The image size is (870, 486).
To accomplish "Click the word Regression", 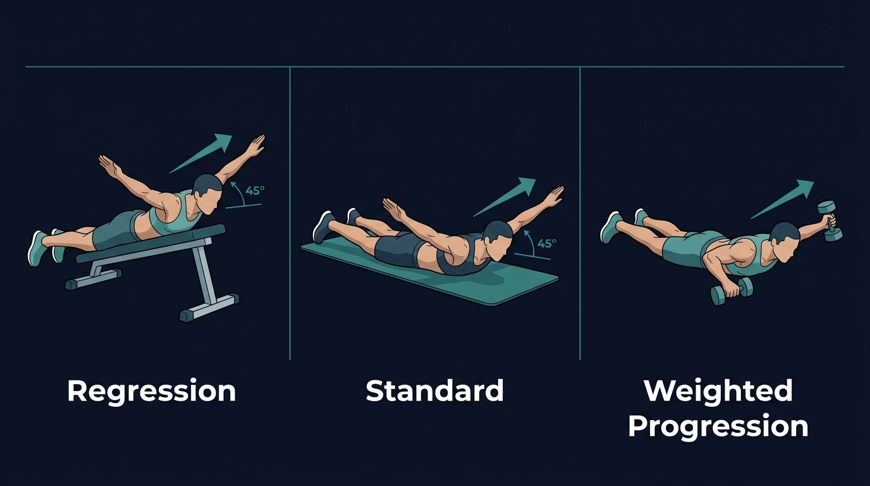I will point(152,391).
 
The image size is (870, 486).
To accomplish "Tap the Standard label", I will point(435,391).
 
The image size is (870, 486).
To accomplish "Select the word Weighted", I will point(718,391).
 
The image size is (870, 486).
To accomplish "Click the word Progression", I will point(718,427).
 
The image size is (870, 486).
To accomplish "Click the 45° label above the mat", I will point(546,244).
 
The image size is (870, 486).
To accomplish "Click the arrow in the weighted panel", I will point(782,199).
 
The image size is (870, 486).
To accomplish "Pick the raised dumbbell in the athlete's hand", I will point(830,221).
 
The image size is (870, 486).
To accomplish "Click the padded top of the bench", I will point(152,243).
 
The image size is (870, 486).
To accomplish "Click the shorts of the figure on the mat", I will point(395,250).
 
